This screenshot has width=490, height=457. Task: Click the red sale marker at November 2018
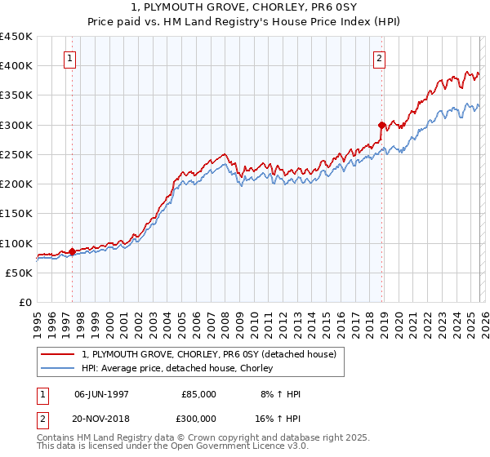pyautogui.click(x=381, y=125)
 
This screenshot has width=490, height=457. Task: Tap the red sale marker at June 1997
pyautogui.click(x=72, y=251)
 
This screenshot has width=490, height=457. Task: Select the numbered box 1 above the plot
pyautogui.click(x=71, y=58)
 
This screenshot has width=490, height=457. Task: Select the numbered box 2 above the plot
pyautogui.click(x=381, y=58)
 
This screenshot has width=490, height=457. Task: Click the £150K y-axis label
pyautogui.click(x=16, y=214)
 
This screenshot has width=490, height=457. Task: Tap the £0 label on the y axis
pyautogui.click(x=24, y=303)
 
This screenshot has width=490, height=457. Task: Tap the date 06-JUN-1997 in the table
pyautogui.click(x=101, y=394)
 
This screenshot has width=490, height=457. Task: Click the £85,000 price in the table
pyautogui.click(x=198, y=394)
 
